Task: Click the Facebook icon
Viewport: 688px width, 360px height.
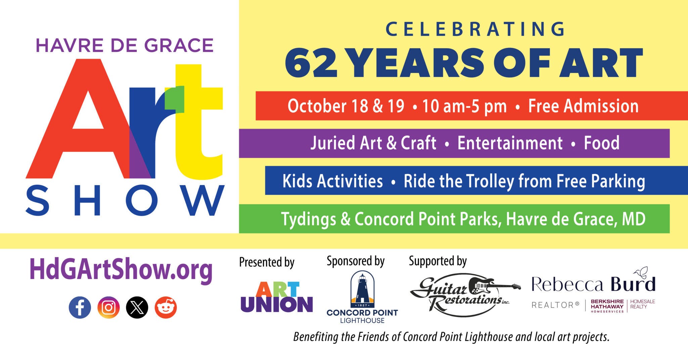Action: [80, 307]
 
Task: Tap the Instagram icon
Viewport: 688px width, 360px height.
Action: [109, 307]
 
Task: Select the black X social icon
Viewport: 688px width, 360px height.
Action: [137, 307]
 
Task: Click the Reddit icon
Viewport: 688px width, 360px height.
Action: [166, 307]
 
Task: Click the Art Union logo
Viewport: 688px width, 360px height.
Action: [276, 297]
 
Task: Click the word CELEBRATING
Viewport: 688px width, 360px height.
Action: [475, 29]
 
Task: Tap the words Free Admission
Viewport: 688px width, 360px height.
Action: [583, 106]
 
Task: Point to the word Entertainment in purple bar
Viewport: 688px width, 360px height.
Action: [510, 143]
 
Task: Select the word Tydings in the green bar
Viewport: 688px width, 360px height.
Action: [308, 219]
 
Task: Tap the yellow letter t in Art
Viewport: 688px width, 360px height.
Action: [198, 128]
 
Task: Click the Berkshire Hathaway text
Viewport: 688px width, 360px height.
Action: [607, 304]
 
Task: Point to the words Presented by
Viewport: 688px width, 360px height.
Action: [267, 262]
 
